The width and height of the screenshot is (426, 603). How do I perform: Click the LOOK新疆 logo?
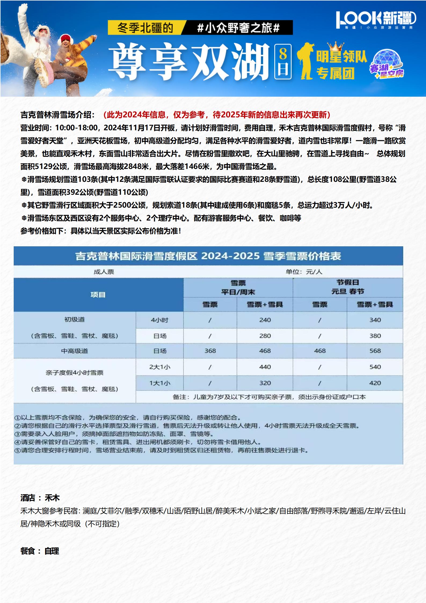(x=376, y=19)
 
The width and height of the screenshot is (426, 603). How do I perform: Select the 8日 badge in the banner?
(x=283, y=62)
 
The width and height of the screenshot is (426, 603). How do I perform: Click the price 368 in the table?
(x=210, y=351)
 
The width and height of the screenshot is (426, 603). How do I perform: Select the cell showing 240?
(x=265, y=320)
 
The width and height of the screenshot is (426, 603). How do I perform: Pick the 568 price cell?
(x=375, y=351)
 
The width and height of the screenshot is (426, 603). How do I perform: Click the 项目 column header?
(x=98, y=295)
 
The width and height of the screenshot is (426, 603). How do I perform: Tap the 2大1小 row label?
(x=160, y=367)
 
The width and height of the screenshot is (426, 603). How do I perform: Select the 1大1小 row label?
(x=160, y=383)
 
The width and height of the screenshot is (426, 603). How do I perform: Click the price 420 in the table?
(x=375, y=383)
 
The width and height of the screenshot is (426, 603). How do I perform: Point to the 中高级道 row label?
(x=74, y=351)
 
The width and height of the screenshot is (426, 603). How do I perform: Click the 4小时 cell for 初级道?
(x=160, y=320)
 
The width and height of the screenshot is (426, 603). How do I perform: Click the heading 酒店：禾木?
(x=40, y=498)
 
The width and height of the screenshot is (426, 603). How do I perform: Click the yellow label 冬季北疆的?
(x=145, y=28)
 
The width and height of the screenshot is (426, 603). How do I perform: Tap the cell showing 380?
(x=375, y=336)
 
